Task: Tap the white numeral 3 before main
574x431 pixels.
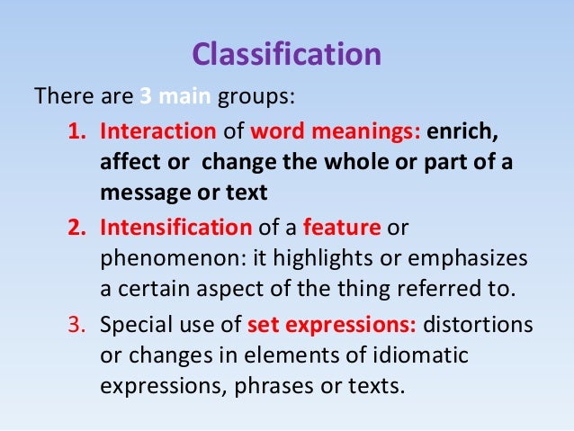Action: [145, 95]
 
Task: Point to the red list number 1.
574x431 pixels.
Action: [76, 132]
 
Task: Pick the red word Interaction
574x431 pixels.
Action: [157, 132]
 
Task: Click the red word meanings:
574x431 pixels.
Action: [377, 132]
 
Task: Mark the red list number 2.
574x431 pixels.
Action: [76, 229]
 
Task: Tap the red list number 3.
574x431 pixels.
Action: [76, 325]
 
